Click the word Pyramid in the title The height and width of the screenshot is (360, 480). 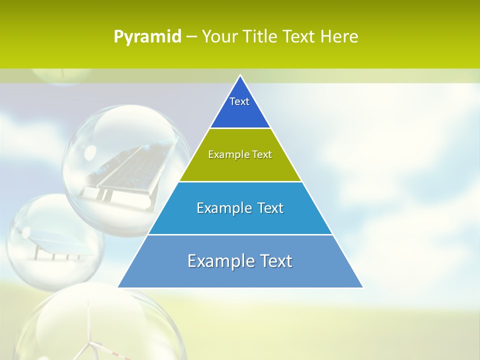(x=147, y=37)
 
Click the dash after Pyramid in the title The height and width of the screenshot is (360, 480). (x=191, y=37)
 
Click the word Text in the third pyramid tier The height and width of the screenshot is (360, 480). (x=270, y=208)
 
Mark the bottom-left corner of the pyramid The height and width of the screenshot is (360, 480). (x=118, y=287)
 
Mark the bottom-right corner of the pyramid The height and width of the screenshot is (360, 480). (x=362, y=287)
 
